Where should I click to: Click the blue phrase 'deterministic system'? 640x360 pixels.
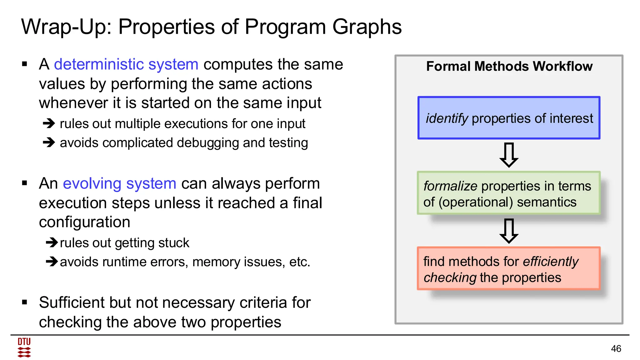(126, 64)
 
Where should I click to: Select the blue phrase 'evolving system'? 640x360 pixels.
(119, 183)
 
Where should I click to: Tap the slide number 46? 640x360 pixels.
(616, 348)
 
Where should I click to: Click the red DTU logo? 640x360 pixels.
(24, 347)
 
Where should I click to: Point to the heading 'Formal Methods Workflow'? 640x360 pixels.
(509, 66)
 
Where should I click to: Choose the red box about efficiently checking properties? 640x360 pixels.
(509, 269)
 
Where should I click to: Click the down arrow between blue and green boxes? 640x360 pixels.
(509, 155)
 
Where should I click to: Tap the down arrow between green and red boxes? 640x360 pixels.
(509, 231)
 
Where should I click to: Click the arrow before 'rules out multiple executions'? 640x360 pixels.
(49, 123)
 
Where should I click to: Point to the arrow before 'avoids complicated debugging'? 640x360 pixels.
(49, 142)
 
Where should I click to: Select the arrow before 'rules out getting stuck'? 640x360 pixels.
(52, 242)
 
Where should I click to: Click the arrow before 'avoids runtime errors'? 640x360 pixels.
(52, 262)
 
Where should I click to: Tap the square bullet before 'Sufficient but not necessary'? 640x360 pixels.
(25, 302)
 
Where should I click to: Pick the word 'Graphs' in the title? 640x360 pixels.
(367, 27)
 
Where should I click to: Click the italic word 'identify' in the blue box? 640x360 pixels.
(447, 118)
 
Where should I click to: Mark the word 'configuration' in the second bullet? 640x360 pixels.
(84, 222)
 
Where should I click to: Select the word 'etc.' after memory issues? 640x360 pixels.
(299, 262)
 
